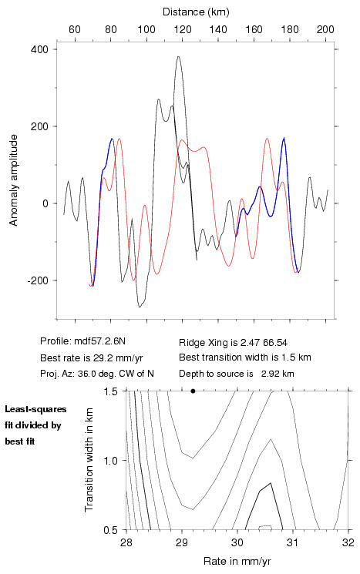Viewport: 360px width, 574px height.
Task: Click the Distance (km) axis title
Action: [196, 12]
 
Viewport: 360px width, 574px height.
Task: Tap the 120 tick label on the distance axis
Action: [183, 29]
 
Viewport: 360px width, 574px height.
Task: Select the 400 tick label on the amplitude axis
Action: [39, 49]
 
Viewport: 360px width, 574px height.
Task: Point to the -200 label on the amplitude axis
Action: [38, 280]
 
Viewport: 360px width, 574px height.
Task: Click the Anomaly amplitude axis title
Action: [14, 180]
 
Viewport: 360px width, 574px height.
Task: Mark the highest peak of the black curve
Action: [178, 56]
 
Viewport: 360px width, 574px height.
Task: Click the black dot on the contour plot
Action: [193, 391]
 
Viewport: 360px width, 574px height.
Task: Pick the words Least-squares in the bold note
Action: [36, 409]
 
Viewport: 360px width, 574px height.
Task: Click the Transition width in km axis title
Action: [89, 460]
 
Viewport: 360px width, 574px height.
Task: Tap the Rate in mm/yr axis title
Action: [237, 561]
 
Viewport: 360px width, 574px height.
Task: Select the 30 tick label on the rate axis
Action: [237, 542]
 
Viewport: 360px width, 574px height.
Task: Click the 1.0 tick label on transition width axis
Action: [110, 461]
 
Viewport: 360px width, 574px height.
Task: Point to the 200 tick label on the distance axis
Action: [325, 29]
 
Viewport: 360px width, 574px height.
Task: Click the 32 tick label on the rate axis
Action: [348, 542]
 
